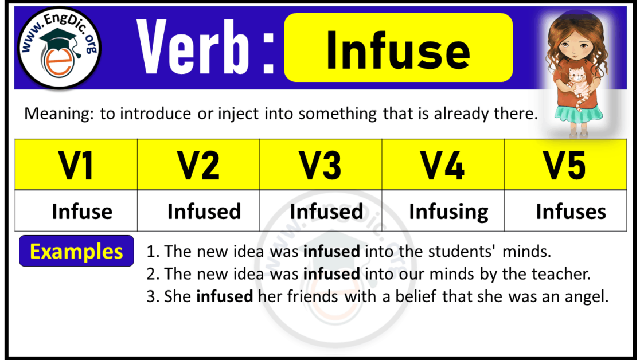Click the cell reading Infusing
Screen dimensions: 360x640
448,212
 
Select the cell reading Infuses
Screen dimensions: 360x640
571,212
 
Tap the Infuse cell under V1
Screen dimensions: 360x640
82,212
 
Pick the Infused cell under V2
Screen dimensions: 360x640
204,212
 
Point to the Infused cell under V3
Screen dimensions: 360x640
326,212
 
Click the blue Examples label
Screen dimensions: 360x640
76,251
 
